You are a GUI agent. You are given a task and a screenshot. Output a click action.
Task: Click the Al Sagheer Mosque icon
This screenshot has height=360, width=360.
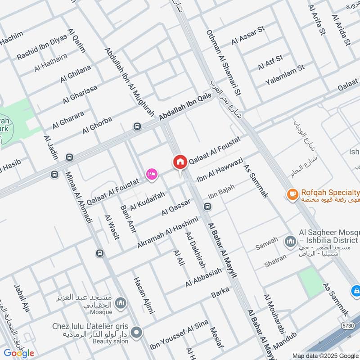coord(289,242)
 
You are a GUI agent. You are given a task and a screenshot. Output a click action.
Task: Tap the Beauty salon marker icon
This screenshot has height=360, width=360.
coord(137,333)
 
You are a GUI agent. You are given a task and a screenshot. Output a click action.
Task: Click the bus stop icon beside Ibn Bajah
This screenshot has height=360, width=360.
coord(207,207)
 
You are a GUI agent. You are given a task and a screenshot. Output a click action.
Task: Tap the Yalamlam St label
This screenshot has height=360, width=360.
coord(285,75)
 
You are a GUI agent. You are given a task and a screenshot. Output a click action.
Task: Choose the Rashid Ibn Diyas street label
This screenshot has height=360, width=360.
coord(42,47)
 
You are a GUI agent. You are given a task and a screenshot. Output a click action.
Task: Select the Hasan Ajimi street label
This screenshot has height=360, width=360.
coord(144,295)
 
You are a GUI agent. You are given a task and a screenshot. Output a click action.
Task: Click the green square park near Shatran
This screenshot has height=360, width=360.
coord(311,282)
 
